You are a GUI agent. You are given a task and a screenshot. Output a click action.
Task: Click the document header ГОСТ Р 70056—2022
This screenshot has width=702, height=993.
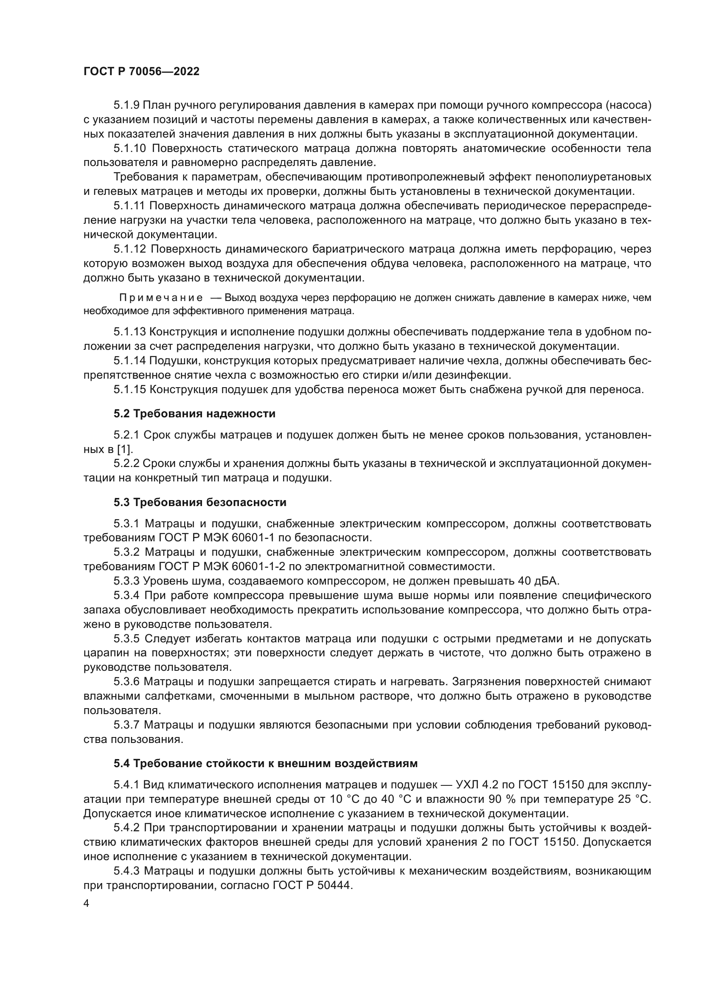pos(141,72)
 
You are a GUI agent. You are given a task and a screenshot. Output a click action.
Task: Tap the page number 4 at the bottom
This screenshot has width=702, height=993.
pos(87,903)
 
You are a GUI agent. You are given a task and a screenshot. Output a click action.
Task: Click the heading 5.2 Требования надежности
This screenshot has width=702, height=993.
pos(194,414)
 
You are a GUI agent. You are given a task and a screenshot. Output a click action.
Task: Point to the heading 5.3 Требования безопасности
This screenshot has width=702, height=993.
pos(200,503)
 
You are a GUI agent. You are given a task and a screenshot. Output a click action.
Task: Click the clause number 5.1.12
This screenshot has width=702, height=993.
pos(129,249)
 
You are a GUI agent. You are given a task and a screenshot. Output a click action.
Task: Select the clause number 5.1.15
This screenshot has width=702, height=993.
pos(129,390)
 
